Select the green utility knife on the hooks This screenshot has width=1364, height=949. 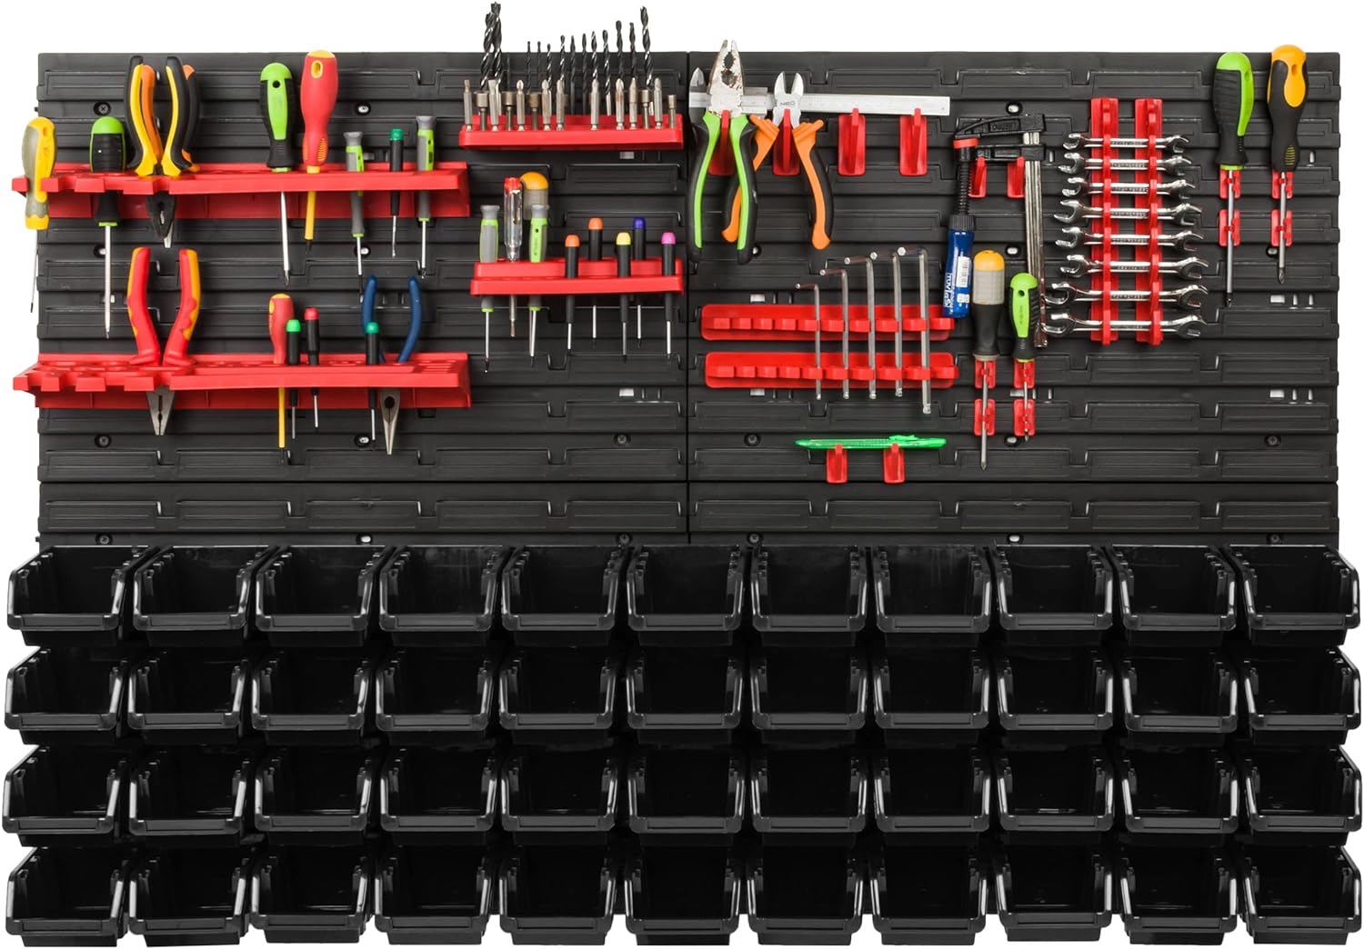click(x=870, y=443)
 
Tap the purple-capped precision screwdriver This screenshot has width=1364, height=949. click(x=638, y=248)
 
